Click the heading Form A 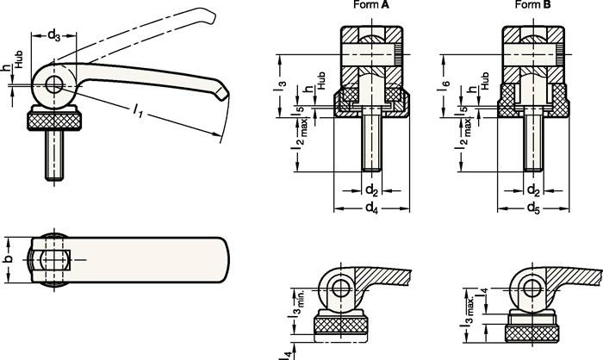370,6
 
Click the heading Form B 532,6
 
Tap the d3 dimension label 53,35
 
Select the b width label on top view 9,258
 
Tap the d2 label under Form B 534,189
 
